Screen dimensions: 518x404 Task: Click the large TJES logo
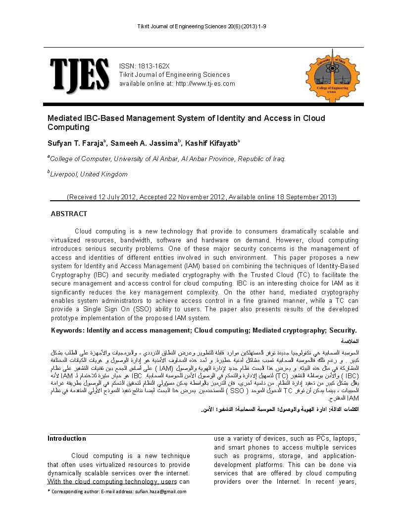point(79,75)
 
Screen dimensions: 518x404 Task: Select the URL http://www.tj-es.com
point(205,83)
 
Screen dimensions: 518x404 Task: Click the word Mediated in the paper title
point(64,118)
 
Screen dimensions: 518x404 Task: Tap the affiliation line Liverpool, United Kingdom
point(89,174)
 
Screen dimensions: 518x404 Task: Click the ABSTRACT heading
point(69,214)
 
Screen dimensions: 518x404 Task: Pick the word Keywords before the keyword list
point(68,331)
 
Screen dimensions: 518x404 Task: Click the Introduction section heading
point(67,438)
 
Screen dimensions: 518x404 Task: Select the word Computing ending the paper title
point(68,127)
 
